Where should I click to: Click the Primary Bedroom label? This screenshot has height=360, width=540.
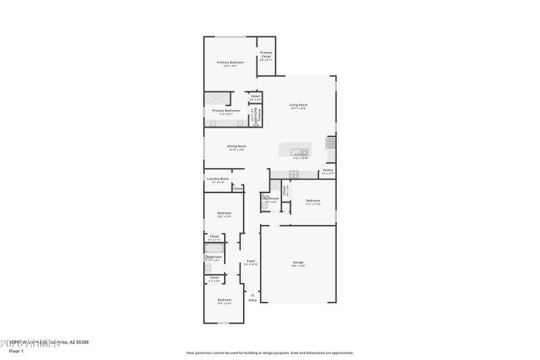tap(230, 62)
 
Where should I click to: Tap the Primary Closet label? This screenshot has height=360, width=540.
tap(266, 54)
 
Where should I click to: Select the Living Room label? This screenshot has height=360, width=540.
tap(298, 104)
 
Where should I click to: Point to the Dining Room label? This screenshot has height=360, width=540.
tap(236, 146)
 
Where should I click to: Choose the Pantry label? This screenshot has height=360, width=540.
tap(327, 170)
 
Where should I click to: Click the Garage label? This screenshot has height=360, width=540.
tap(298, 262)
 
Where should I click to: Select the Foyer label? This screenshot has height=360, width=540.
tap(250, 261)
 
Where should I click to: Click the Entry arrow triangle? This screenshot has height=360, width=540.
tap(252, 294)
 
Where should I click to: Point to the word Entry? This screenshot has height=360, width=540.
tap(252, 300)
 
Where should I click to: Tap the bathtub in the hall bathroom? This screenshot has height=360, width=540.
tap(214, 248)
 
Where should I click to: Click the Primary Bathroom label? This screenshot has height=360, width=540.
tap(226, 110)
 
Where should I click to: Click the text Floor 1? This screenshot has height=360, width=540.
tap(16, 351)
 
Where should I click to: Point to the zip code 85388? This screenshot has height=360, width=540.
tap(82, 342)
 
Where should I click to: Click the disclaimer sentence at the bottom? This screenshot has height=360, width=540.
tap(269, 353)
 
